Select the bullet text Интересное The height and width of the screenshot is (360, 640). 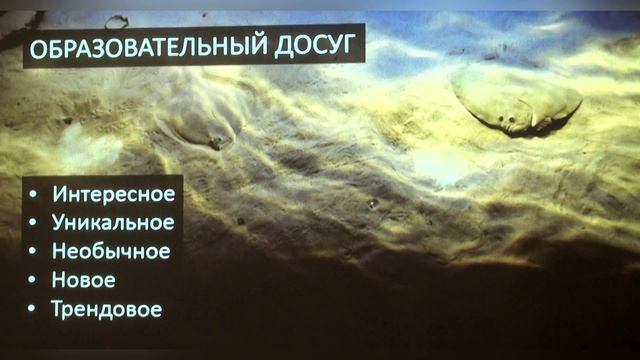click(113, 194)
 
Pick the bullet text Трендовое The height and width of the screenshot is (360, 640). click(107, 309)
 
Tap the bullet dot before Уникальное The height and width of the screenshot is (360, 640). click(34, 223)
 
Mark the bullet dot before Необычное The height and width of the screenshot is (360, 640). click(34, 252)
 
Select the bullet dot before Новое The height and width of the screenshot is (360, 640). click(34, 281)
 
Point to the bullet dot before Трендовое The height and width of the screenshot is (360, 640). click(34, 310)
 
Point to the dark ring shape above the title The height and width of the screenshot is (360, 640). click(117, 20)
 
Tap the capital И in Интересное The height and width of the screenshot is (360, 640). click(59, 194)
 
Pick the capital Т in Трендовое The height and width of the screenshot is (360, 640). click(58, 309)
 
